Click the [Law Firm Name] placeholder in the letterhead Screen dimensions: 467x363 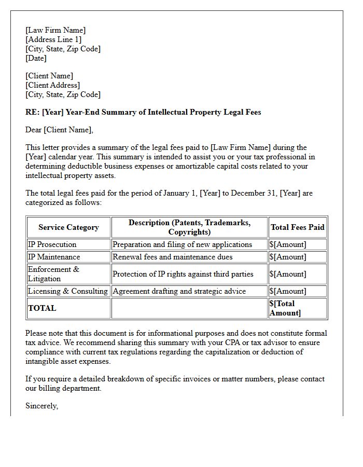55,30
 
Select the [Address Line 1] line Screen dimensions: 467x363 53,39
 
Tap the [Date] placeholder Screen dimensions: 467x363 36,58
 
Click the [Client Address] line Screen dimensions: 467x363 52,85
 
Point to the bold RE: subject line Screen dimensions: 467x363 143,112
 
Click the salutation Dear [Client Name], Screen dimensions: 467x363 59,130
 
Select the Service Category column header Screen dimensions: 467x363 68,227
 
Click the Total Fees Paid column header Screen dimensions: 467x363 297,227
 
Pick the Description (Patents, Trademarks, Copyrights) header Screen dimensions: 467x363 189,227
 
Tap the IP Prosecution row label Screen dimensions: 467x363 52,244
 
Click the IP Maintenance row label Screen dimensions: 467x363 54,257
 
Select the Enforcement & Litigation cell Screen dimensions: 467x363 53,274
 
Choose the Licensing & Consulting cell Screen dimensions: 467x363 68,291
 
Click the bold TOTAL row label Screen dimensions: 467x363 42,308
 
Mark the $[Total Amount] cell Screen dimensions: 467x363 285,308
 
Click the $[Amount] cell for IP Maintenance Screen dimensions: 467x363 288,257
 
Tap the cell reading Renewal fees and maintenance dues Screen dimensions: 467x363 172,257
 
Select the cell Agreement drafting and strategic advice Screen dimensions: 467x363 179,291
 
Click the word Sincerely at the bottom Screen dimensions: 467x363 41,406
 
